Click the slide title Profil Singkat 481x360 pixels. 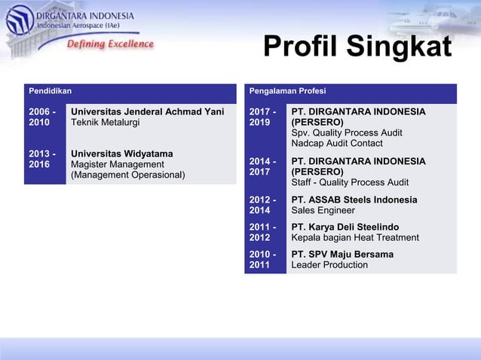point(357,47)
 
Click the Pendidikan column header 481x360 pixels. point(51,91)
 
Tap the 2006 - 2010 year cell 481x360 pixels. point(41,117)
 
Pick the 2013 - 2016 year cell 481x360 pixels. point(41,159)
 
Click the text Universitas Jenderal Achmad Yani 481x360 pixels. point(147,112)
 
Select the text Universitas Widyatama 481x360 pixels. point(122,154)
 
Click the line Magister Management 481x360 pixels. point(117,164)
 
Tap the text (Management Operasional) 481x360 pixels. point(127,175)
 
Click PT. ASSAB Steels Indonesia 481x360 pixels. point(354,200)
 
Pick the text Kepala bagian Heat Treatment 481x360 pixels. point(355,238)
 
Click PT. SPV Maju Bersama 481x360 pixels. point(342,255)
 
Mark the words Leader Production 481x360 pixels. point(329,265)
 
